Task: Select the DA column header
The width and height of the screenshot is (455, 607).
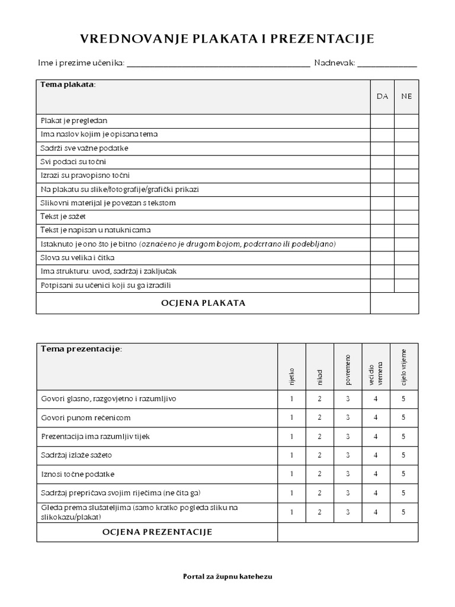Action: tap(382, 97)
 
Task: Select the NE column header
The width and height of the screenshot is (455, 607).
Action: tap(406, 97)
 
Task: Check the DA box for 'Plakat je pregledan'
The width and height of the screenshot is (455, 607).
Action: tap(382, 120)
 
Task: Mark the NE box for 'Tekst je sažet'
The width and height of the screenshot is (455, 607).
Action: tap(406, 216)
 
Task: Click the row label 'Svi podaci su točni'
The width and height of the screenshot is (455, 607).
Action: tap(73, 162)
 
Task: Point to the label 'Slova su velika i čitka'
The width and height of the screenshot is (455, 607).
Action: tap(78, 258)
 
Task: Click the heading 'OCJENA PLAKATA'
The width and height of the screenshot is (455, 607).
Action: tap(203, 303)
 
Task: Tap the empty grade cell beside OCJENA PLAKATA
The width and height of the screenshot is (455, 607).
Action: tap(395, 303)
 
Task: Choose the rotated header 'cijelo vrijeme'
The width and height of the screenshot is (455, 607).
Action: tap(404, 368)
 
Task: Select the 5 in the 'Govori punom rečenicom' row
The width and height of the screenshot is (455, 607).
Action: tap(403, 417)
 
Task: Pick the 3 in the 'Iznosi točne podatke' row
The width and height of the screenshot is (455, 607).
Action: tap(348, 474)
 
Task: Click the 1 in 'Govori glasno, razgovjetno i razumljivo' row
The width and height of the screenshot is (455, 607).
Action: tap(291, 399)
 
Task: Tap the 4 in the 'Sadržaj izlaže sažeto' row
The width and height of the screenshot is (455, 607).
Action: tap(376, 455)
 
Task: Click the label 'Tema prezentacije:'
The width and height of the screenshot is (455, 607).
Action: tap(81, 349)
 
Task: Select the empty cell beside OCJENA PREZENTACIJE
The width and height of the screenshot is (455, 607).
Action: tap(348, 532)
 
